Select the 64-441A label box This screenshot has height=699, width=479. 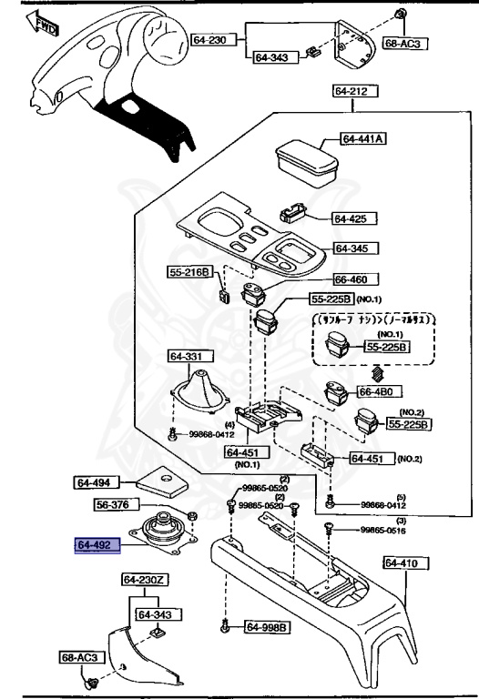tap(363, 139)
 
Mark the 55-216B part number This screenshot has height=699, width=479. tap(189, 271)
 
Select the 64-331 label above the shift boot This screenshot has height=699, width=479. tap(188, 356)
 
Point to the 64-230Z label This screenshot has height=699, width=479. tap(144, 580)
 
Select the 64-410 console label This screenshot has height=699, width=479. tap(402, 564)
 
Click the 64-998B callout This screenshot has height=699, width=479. tap(268, 627)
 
